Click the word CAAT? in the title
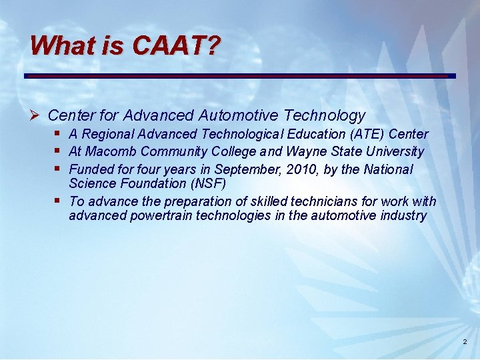point(176,46)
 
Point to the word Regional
point(107,134)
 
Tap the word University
point(391,151)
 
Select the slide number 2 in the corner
point(465,343)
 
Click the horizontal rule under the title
point(240,75)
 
